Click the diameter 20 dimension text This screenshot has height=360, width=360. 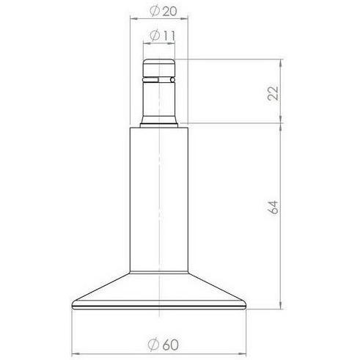(x=163, y=11)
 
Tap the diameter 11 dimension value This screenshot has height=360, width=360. (x=162, y=36)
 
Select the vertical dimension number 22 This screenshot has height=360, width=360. (x=273, y=93)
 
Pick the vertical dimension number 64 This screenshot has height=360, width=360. (x=273, y=207)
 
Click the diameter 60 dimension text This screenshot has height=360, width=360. (x=164, y=345)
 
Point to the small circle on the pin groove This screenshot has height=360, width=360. (x=172, y=80)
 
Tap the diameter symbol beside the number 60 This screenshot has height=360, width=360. (x=154, y=345)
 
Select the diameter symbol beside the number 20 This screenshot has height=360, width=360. (x=155, y=11)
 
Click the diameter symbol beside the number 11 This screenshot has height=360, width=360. (x=155, y=36)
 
